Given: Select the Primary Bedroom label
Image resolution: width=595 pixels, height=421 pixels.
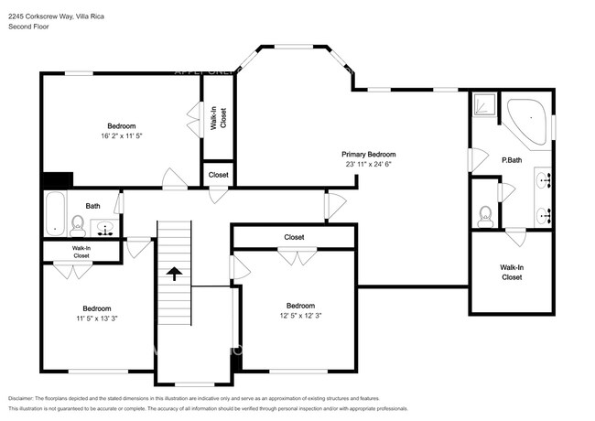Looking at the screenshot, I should tap(369, 155).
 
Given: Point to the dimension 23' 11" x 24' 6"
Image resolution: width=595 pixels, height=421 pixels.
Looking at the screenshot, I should tap(369, 165).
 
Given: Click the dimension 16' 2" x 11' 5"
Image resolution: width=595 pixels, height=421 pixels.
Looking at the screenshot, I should tap(121, 135).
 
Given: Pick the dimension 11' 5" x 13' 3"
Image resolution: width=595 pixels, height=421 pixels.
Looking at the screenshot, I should tap(97, 318).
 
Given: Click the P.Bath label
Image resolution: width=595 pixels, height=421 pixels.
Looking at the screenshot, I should tap(511, 161).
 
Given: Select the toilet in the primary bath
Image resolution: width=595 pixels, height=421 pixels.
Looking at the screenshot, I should tap(485, 216).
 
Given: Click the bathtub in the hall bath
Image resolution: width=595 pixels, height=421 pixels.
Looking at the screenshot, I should tap(56, 215).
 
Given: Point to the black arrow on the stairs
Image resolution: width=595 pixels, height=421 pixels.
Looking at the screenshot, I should tap(171, 272).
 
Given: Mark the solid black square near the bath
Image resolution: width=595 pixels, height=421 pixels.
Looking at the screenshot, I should tap(59, 180).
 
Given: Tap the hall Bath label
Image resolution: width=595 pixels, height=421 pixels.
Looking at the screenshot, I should tap(93, 206).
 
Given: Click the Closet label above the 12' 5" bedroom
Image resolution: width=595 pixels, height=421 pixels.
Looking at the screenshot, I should tap(294, 237).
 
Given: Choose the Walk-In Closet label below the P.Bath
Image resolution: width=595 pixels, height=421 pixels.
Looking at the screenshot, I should tap(512, 272).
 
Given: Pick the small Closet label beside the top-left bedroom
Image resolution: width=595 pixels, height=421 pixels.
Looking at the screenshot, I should tap(219, 175).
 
